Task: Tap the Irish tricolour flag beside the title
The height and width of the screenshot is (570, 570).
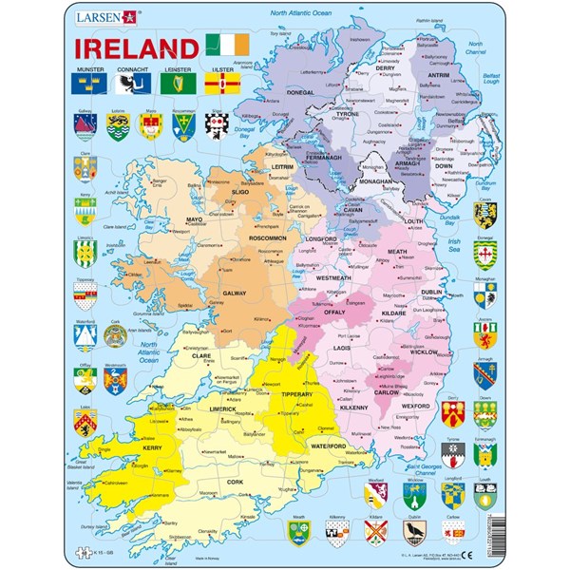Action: click(227, 45)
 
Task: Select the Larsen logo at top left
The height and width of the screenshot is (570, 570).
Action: click(111, 16)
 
